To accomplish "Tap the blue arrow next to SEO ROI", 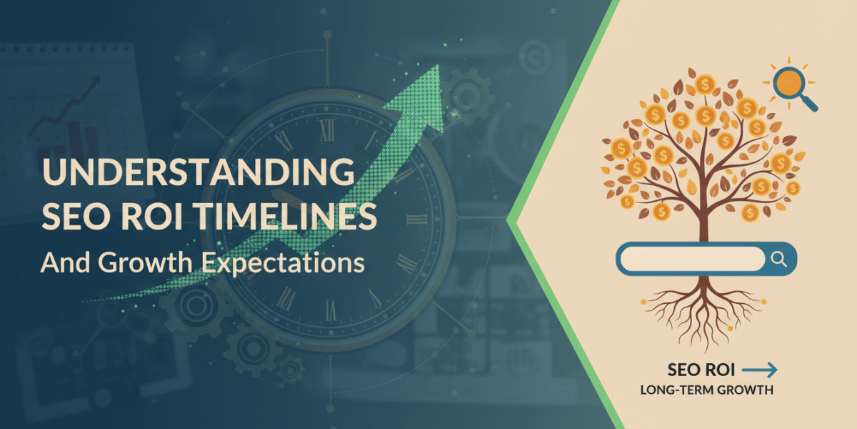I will tap(758, 370).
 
